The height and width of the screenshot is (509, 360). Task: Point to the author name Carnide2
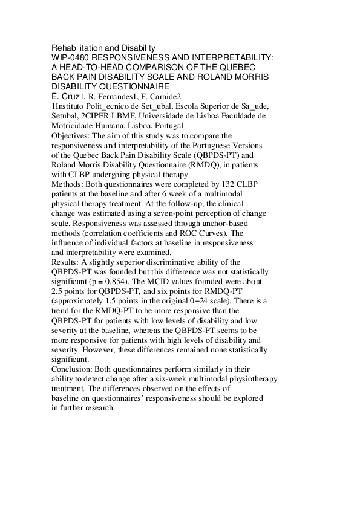[x=165, y=96]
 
